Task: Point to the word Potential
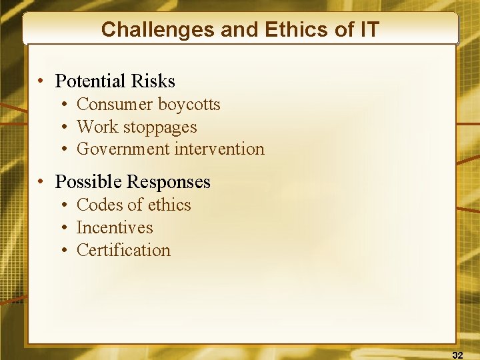[x=91, y=81]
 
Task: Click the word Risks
[x=153, y=81]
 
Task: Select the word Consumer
[x=115, y=105]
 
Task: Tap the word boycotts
[x=189, y=105]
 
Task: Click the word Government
[x=123, y=149]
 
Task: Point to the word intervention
[x=219, y=149]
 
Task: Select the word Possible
[x=89, y=182]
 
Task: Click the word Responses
[x=169, y=182]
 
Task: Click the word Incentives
[x=115, y=228]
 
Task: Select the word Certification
[x=123, y=251]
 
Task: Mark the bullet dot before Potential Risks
[x=41, y=82]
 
